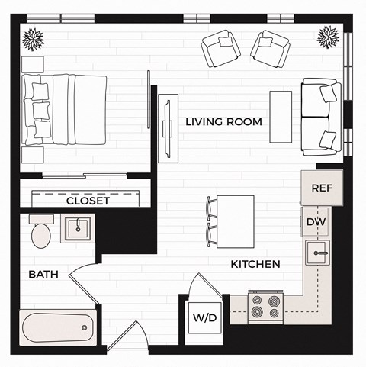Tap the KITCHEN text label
click(255, 264)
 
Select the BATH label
click(43, 274)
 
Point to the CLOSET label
click(88, 201)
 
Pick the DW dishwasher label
click(316, 221)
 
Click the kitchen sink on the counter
click(317, 253)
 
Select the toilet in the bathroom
click(41, 230)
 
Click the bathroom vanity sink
click(78, 228)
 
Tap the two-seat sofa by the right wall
click(319, 117)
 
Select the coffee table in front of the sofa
click(281, 116)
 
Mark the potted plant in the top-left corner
click(33, 37)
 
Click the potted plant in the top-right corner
click(328, 36)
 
